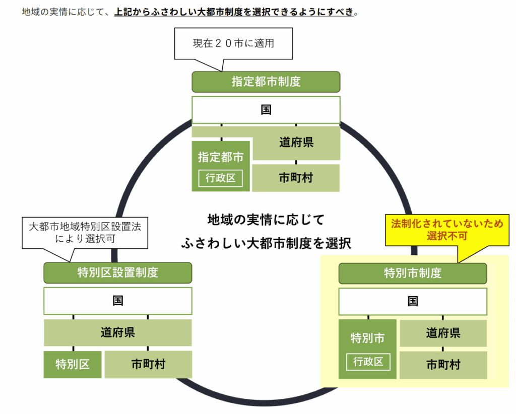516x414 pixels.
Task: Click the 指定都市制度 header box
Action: click(x=266, y=82)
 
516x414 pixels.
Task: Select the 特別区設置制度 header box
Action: click(x=117, y=272)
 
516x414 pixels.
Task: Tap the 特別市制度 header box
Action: click(x=413, y=273)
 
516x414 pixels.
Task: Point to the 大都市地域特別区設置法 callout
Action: click(x=85, y=232)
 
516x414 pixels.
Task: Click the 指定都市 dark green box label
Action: click(x=221, y=157)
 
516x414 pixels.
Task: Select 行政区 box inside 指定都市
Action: click(x=221, y=177)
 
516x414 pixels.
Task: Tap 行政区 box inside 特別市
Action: click(x=368, y=361)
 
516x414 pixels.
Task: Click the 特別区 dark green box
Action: click(x=73, y=364)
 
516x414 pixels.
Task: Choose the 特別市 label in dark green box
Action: click(x=368, y=338)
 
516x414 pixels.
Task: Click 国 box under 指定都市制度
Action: click(x=266, y=110)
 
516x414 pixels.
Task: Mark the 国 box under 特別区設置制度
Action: click(x=117, y=301)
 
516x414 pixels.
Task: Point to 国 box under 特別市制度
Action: click(x=413, y=301)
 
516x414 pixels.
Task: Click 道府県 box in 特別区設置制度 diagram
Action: click(x=117, y=332)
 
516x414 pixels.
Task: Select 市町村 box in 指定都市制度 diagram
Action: click(x=296, y=177)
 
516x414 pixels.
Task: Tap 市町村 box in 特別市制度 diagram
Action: click(x=443, y=364)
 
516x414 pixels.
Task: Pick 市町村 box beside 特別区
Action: click(x=148, y=364)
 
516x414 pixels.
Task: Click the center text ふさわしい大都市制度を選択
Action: click(x=266, y=244)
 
